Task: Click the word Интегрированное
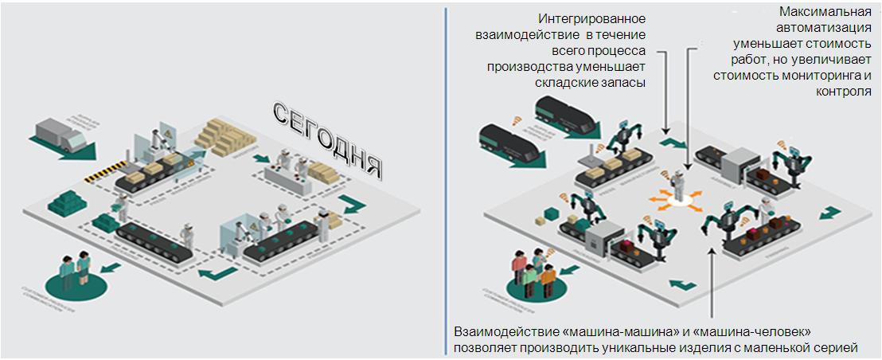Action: click(591, 18)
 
